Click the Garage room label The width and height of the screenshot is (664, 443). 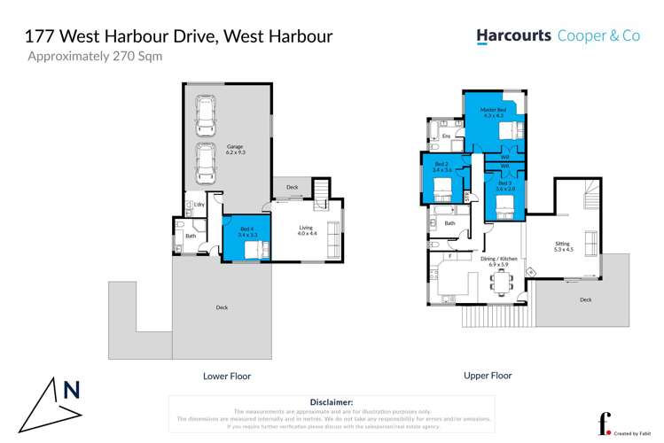[x=234, y=147]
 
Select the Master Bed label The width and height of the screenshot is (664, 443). [x=493, y=111]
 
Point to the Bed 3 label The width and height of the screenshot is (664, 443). [x=505, y=184]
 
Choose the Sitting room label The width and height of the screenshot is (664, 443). [x=563, y=245]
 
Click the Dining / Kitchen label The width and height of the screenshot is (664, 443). [x=494, y=260]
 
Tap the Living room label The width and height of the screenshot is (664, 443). [x=306, y=229]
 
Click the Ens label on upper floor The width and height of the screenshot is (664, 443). [x=446, y=136]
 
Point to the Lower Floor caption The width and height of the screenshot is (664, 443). [x=227, y=377]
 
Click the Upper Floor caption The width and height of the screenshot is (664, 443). [x=488, y=376]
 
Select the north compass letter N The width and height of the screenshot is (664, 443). [x=72, y=390]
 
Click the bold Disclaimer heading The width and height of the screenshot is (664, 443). [x=332, y=402]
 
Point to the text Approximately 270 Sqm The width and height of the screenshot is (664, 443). [x=96, y=56]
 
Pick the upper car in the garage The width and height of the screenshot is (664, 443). [x=206, y=112]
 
